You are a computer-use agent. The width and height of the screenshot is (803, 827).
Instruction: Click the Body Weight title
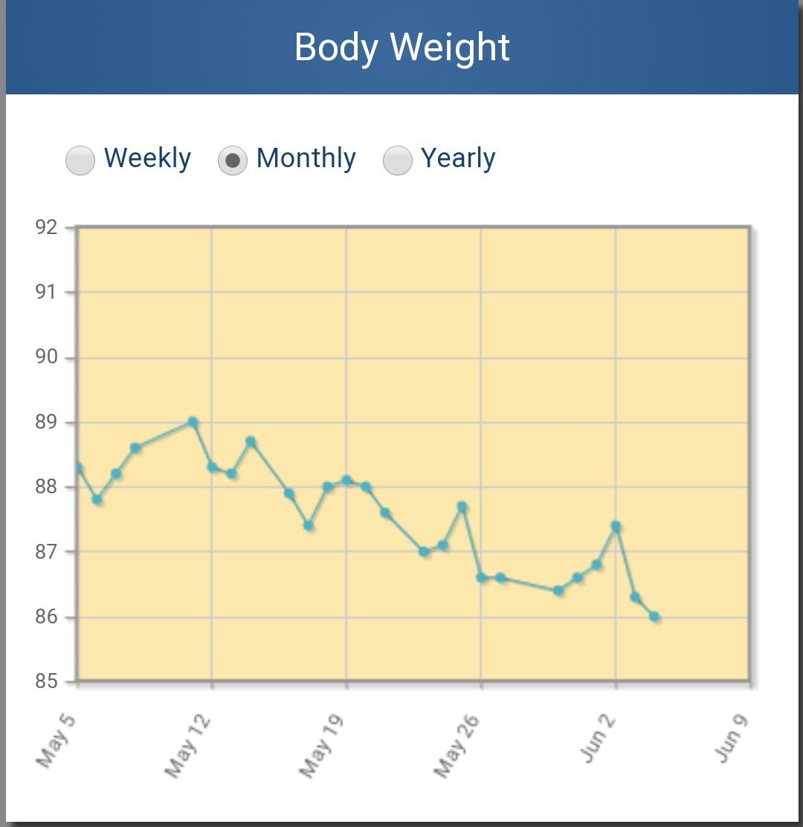point(401,48)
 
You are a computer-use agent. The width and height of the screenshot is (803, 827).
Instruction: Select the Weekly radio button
point(80,160)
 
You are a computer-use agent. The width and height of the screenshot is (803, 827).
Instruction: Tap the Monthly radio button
point(233,160)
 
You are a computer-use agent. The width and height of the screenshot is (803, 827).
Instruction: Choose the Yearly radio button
point(398,160)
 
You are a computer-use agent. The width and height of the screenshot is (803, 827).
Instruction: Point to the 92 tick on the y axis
point(46,227)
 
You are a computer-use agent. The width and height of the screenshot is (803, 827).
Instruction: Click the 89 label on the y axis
point(46,422)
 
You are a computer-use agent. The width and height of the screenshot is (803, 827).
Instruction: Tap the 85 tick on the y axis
point(46,681)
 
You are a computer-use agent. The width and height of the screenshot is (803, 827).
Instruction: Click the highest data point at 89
point(193,422)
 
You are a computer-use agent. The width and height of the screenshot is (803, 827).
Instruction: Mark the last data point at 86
point(654,616)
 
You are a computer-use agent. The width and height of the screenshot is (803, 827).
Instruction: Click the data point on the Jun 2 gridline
point(616,526)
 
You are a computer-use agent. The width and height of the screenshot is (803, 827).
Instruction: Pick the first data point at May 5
point(78,468)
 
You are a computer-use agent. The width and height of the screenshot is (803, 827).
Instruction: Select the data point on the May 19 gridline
point(346,480)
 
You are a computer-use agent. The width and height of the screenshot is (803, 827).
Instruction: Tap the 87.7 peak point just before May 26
point(462,507)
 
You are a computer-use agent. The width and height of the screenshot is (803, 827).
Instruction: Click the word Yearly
point(458,158)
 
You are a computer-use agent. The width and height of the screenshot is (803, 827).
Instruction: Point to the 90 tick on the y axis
point(46,357)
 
